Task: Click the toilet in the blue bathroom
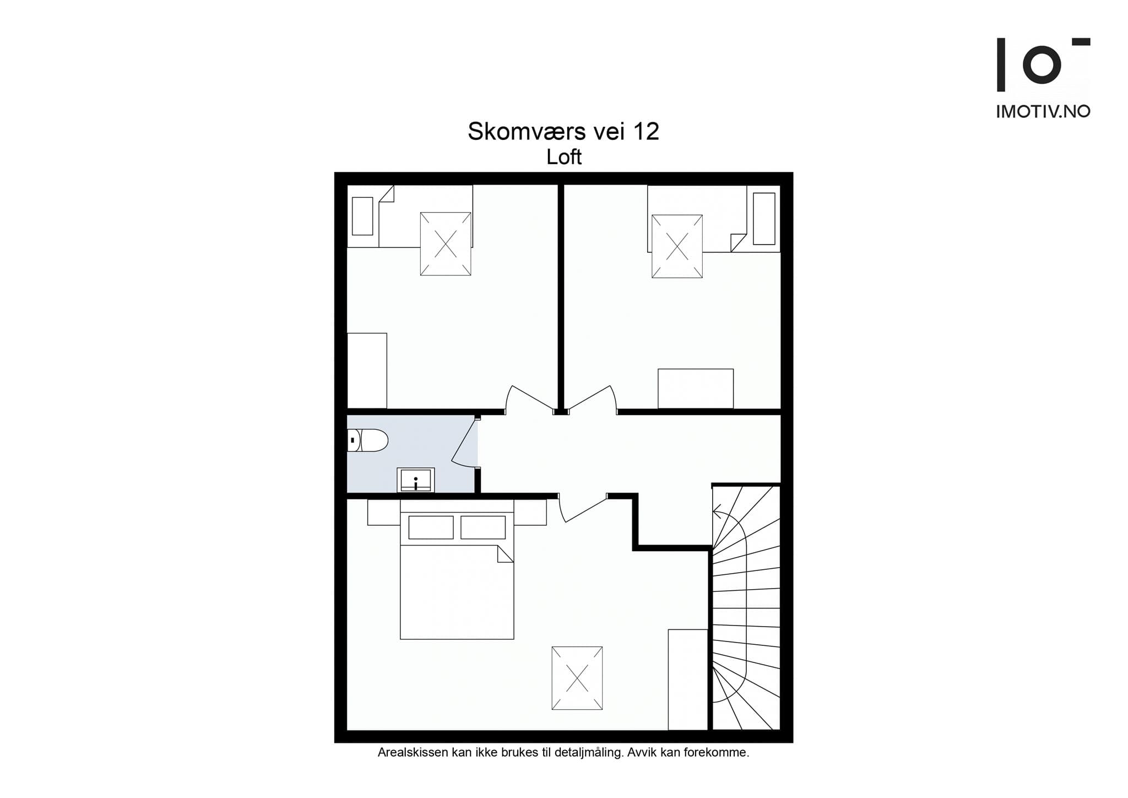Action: [369, 440]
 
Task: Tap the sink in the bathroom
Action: [416, 480]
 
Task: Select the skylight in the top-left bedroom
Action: [446, 244]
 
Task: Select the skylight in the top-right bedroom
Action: [677, 246]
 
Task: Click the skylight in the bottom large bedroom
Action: [577, 678]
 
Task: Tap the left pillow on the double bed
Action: [431, 527]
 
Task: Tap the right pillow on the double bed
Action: [483, 527]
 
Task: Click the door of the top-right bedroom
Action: [592, 400]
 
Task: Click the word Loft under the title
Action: [564, 158]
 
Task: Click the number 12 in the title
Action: [646, 132]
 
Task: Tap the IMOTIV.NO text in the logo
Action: [1043, 112]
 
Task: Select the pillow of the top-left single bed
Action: [362, 215]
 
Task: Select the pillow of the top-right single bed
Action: [764, 218]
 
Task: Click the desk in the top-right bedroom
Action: [696, 389]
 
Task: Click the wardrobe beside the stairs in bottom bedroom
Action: [687, 680]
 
